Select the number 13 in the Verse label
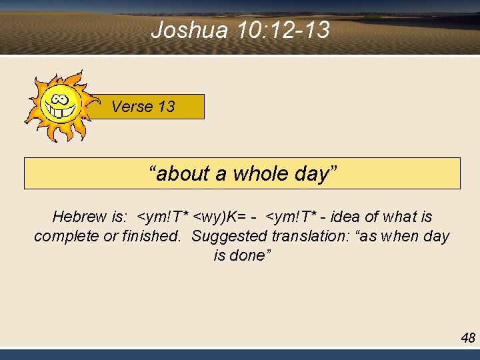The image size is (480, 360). coord(166,107)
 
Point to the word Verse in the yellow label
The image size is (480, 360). coord(133,107)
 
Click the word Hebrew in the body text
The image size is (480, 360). coord(79,217)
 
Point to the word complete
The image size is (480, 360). coord(64,236)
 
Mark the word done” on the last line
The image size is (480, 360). coord(247,255)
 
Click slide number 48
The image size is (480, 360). coord(468,338)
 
